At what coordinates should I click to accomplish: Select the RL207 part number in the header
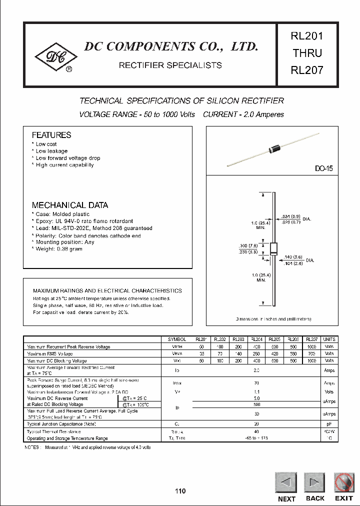click(x=306, y=70)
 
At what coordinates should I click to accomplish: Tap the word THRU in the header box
click(x=306, y=53)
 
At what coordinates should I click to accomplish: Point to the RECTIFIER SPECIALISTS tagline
click(x=170, y=65)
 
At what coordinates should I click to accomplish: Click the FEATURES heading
click(x=51, y=135)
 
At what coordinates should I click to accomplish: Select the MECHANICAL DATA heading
click(x=69, y=205)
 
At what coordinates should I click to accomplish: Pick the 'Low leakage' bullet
click(x=51, y=151)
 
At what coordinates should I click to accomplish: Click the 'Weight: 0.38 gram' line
click(x=58, y=249)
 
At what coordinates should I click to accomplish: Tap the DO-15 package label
click(x=323, y=169)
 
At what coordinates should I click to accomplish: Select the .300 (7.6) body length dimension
click(x=248, y=245)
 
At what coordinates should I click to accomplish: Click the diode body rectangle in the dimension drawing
click(x=273, y=248)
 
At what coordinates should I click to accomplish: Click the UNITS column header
click(x=329, y=339)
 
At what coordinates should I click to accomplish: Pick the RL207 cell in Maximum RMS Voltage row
click(x=311, y=353)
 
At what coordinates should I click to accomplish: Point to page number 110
click(x=180, y=491)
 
